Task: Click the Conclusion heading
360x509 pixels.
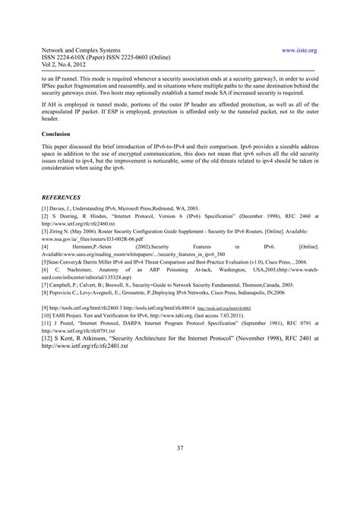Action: coord(58,134)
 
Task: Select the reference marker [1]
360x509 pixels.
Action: coord(46,207)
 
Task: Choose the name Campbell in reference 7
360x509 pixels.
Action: coord(64,283)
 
